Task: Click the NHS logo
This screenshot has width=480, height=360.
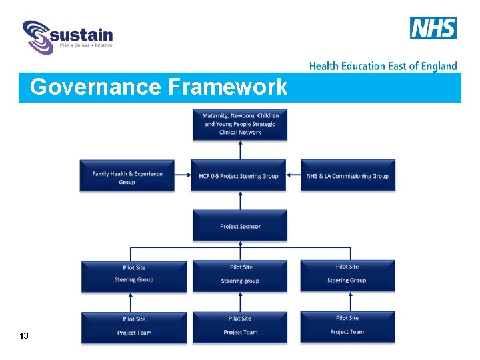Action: pyautogui.click(x=433, y=28)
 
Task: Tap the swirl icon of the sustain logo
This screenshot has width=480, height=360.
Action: pyautogui.click(x=37, y=37)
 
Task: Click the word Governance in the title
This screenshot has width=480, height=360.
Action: pyautogui.click(x=96, y=87)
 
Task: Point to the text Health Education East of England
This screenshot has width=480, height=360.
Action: pyautogui.click(x=383, y=66)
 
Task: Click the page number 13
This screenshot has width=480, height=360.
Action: pyautogui.click(x=24, y=336)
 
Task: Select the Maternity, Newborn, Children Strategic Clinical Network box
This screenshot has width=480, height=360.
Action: pyautogui.click(x=240, y=124)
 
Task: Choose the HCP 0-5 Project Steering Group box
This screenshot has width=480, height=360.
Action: pyautogui.click(x=239, y=176)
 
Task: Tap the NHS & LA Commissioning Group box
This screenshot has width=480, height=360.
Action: pyautogui.click(x=347, y=176)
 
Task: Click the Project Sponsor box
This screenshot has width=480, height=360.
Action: pyautogui.click(x=240, y=225)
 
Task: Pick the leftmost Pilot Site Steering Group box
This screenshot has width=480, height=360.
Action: pyautogui.click(x=134, y=275)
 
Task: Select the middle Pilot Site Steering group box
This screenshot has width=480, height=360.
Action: pyautogui.click(x=240, y=275)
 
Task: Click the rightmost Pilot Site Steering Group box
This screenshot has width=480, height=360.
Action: pyautogui.click(x=347, y=275)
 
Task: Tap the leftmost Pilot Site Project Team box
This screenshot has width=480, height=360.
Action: pyautogui.click(x=134, y=327)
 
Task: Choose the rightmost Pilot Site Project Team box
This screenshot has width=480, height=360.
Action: pyautogui.click(x=347, y=327)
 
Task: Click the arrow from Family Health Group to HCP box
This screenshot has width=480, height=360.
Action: pyautogui.click(x=183, y=176)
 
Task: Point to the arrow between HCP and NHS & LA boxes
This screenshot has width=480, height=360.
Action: pyautogui.click(x=293, y=176)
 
